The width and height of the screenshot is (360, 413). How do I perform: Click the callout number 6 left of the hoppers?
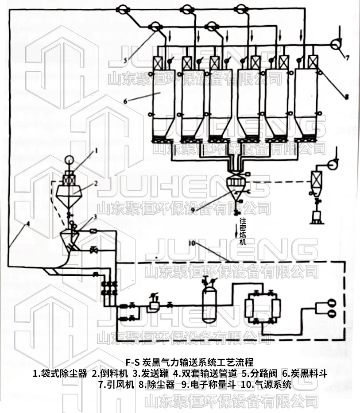(x=125, y=101)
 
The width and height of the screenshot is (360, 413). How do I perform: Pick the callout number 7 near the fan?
(x=348, y=57)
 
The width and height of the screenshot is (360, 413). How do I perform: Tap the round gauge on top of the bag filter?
(x=69, y=160)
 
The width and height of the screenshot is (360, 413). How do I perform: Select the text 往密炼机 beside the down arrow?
(x=243, y=231)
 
